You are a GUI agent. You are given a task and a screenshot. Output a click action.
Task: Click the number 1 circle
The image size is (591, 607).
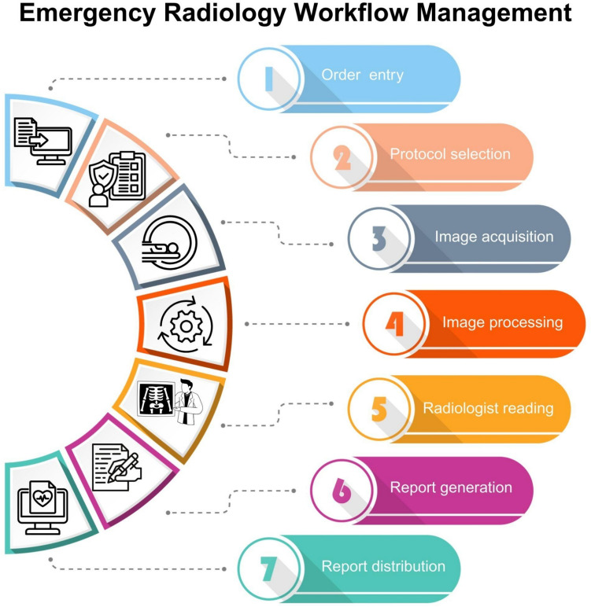[x=269, y=79]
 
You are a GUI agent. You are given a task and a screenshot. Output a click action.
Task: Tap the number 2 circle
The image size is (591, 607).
[x=341, y=157]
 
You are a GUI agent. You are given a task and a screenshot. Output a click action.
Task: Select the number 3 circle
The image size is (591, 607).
[x=379, y=238]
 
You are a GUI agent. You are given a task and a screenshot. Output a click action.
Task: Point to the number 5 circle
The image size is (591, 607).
[x=379, y=409]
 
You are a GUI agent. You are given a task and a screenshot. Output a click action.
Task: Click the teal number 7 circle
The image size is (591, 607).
[x=269, y=568]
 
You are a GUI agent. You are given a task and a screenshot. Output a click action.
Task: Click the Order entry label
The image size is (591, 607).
[x=363, y=75]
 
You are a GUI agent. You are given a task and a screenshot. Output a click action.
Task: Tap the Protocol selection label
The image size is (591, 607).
[x=450, y=153]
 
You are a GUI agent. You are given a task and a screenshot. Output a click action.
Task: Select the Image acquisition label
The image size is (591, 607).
[x=494, y=236]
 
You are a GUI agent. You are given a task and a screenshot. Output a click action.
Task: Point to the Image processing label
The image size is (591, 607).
[x=502, y=322]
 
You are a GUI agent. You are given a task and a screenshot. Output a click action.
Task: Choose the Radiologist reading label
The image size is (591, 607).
[x=488, y=408]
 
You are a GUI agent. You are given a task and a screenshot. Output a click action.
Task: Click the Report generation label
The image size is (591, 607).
[x=451, y=487]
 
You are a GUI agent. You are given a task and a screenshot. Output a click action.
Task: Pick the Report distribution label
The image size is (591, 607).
[x=383, y=566]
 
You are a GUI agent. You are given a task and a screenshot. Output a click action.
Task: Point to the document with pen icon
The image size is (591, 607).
[x=115, y=468]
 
